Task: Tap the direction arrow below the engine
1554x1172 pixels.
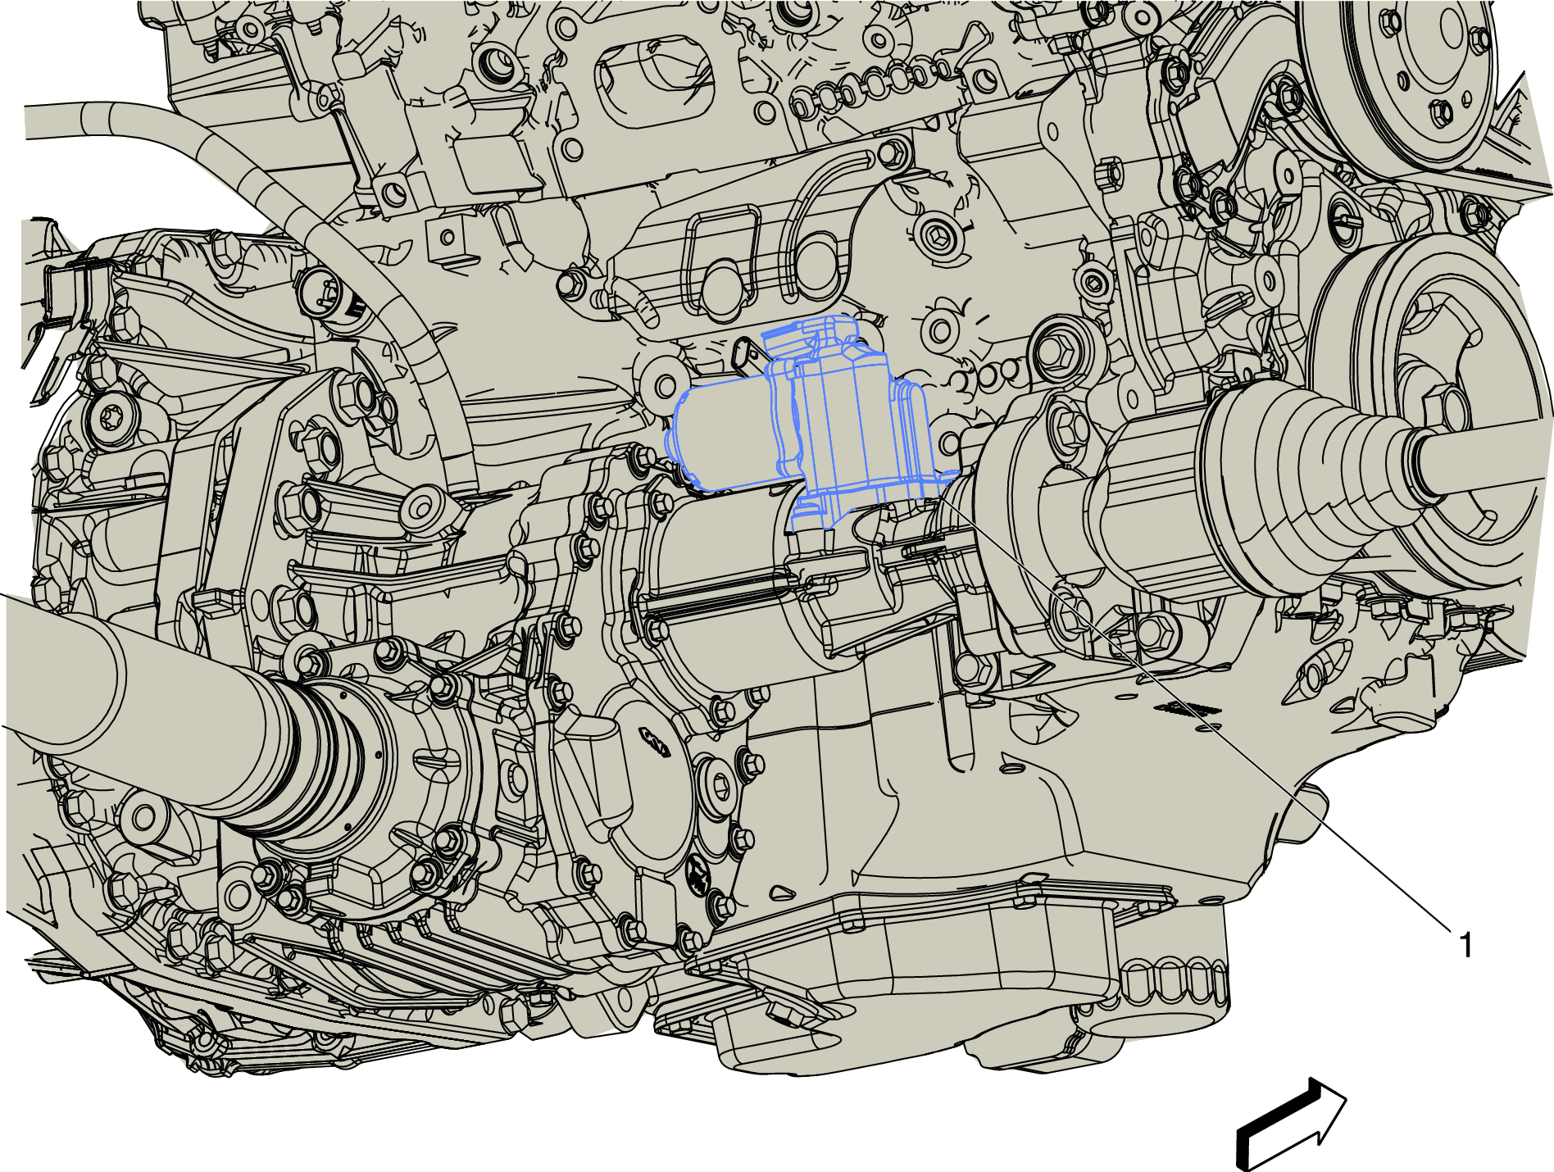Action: pyautogui.click(x=1290, y=1124)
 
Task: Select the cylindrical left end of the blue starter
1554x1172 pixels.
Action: pyautogui.click(x=721, y=438)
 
